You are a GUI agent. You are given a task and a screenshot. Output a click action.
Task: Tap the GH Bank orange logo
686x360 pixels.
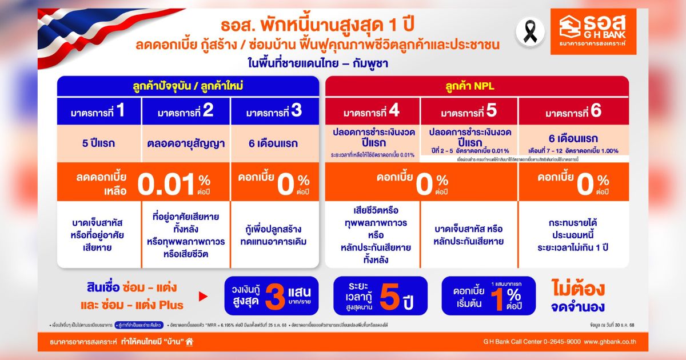[x=593, y=31]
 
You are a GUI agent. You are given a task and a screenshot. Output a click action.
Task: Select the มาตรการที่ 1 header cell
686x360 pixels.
[x=99, y=111]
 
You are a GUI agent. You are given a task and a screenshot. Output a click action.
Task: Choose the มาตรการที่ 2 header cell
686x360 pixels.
[x=186, y=111]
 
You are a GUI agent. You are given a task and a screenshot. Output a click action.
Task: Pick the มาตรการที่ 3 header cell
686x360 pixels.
[x=274, y=111]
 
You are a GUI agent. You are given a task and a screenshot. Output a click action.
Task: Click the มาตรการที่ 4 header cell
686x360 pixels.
[x=373, y=111]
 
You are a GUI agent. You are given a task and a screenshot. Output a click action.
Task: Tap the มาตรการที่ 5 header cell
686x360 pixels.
[x=469, y=111]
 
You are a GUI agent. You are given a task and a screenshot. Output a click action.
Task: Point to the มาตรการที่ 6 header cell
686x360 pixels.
[x=573, y=111]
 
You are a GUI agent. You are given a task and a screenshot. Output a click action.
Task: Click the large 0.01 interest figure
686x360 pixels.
[x=166, y=185]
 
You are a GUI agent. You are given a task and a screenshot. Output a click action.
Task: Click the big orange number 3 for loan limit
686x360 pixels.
[x=275, y=297]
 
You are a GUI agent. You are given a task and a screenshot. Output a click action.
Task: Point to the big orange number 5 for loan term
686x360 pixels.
[x=389, y=297]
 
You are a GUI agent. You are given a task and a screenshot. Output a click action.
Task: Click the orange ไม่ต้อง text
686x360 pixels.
[x=579, y=288]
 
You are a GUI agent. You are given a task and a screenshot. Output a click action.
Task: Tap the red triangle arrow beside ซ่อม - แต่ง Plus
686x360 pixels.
[x=202, y=297]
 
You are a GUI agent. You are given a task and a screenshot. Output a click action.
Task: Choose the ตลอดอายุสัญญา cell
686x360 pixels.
[x=186, y=143]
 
